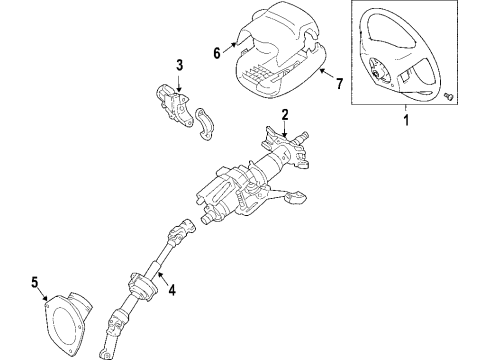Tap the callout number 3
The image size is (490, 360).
(x=179, y=66)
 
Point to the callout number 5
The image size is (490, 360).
(x=36, y=283)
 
